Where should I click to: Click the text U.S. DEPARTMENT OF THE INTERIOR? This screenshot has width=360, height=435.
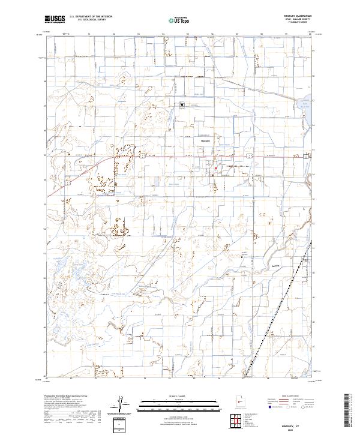coord(91,16)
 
